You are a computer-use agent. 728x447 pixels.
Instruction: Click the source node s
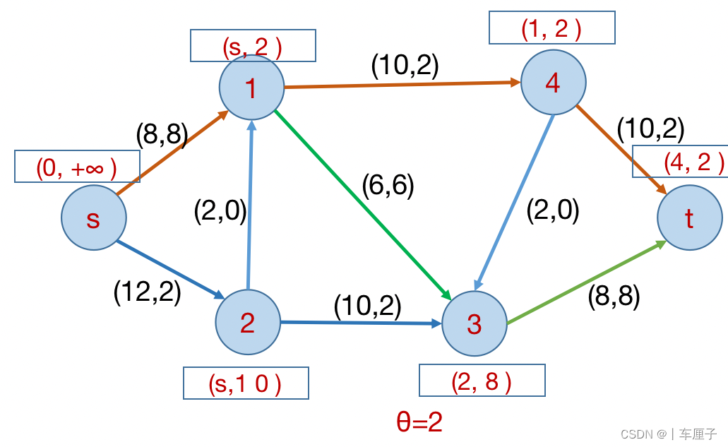tap(93, 218)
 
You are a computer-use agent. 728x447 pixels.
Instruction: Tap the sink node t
tap(689, 218)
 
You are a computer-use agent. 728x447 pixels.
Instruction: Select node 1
tap(251, 88)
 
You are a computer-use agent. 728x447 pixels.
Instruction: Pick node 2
tap(247, 323)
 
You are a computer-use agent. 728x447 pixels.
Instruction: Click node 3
tap(474, 324)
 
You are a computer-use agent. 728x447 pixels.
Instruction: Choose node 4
tap(552, 83)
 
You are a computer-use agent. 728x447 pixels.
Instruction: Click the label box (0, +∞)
tap(76, 167)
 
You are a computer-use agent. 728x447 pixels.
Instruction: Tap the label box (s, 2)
tap(252, 47)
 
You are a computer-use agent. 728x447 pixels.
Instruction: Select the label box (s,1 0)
tap(245, 383)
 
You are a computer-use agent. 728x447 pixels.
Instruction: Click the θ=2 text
tap(419, 422)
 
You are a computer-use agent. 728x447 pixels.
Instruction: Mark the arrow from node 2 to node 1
tap(249, 205)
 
